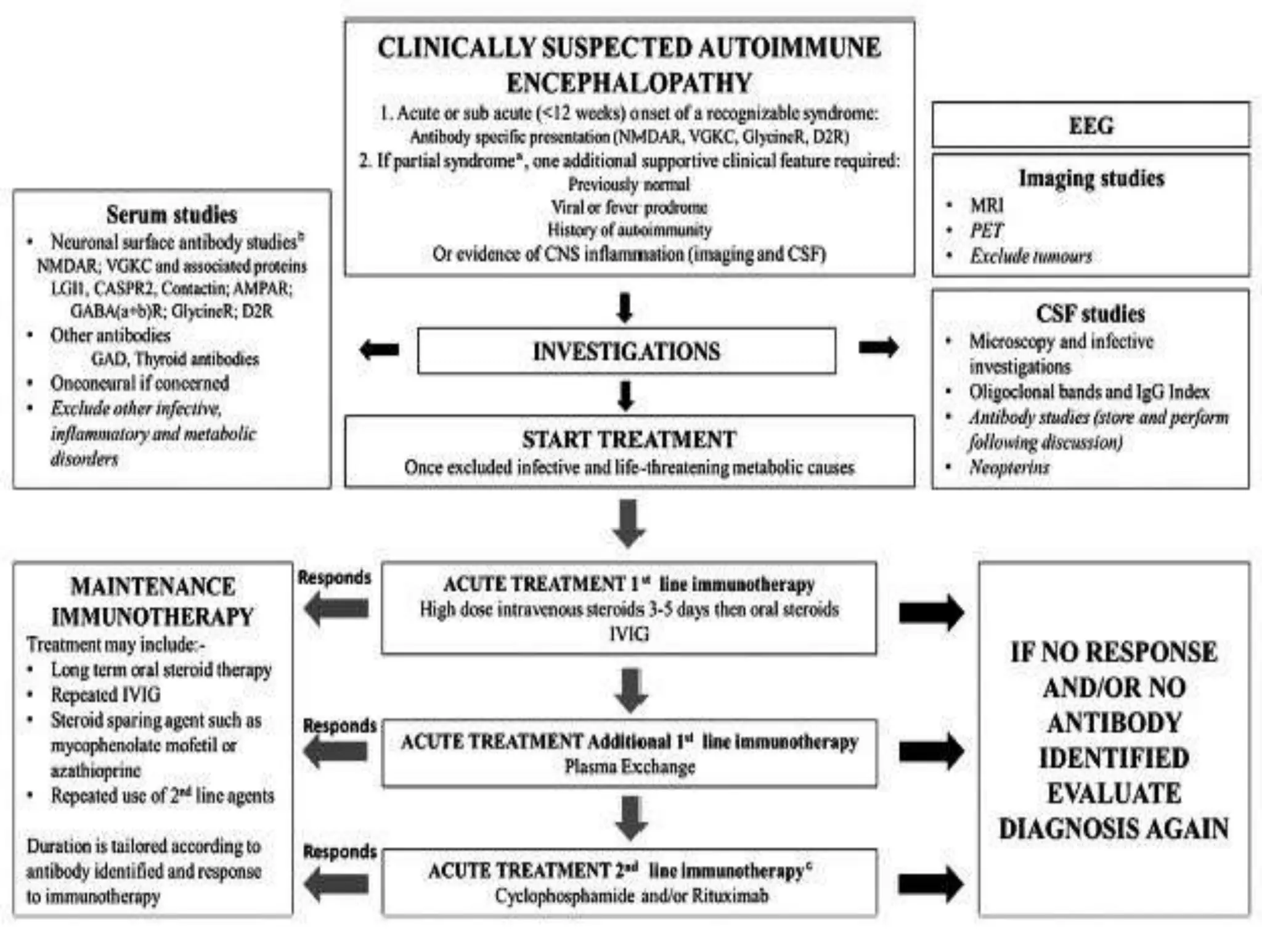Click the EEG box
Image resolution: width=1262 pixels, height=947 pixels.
coord(1090,125)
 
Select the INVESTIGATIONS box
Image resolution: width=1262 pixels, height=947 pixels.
coord(626,351)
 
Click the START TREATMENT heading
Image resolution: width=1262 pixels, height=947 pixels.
coord(629,440)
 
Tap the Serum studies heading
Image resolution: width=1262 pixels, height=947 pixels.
coord(171,215)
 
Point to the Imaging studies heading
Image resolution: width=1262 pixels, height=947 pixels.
coord(1091,178)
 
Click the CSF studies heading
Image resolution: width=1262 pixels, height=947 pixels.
coord(1090,314)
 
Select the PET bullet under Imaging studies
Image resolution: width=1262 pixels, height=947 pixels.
coord(987,231)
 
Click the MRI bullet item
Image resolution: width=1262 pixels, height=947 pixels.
coord(987,205)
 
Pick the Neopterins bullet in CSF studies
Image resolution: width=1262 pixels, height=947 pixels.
coord(1009,467)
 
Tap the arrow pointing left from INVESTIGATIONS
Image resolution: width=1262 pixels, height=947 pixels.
coord(379,350)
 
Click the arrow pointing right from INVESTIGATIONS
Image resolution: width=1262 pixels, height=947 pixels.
coord(878,348)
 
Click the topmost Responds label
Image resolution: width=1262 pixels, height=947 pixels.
coord(335,578)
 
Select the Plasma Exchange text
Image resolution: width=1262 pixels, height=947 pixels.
coord(629,766)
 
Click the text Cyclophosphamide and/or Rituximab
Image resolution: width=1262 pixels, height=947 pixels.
coord(631,895)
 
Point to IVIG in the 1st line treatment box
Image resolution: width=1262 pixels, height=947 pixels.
coord(629,634)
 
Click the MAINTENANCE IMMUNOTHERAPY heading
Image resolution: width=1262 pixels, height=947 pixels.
coord(152,601)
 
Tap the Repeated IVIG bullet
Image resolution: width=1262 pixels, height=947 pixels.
coord(105,695)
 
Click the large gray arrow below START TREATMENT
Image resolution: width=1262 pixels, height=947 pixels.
coord(629,523)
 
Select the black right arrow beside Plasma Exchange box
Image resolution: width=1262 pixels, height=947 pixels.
coord(931,751)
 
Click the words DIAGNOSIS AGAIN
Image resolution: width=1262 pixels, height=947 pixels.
coord(1113,829)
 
